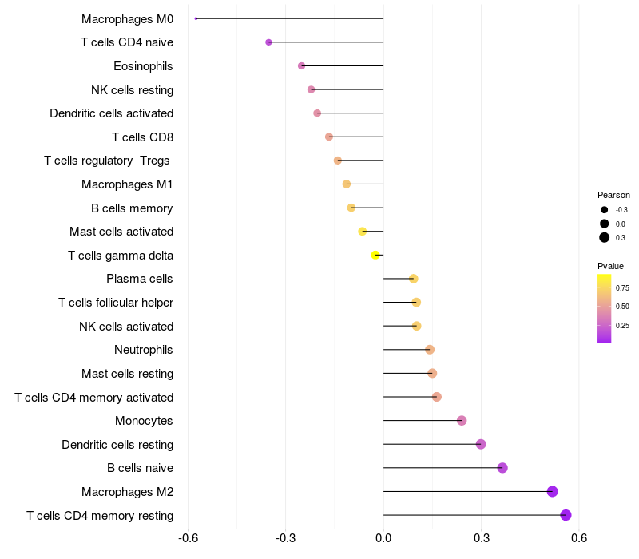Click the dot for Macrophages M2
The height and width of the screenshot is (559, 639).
tap(552, 491)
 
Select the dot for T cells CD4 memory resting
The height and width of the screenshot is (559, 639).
tap(566, 515)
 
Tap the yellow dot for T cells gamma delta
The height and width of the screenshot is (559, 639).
tap(375, 256)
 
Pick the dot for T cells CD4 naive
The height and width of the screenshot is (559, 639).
tap(268, 42)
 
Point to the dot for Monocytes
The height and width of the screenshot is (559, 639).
tap(462, 421)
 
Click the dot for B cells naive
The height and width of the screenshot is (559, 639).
tap(502, 468)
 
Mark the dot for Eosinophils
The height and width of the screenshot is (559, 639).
tap(301, 65)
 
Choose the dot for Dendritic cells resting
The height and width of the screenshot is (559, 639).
tap(481, 444)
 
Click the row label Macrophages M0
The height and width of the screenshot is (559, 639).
tap(127, 18)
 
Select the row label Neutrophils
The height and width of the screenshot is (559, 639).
tap(144, 350)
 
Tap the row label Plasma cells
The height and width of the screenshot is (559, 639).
tap(140, 279)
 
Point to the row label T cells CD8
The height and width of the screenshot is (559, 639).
tap(142, 137)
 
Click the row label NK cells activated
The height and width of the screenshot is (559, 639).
tap(126, 326)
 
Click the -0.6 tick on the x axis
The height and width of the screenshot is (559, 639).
tap(188, 538)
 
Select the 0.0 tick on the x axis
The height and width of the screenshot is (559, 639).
tap(383, 538)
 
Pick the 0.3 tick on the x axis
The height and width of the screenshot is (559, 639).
tap(481, 538)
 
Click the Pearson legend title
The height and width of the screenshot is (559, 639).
tap(613, 195)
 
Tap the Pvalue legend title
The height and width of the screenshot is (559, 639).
tap(610, 266)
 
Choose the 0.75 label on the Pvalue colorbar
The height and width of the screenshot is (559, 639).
tap(622, 287)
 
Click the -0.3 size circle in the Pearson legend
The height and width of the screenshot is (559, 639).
tap(605, 210)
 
